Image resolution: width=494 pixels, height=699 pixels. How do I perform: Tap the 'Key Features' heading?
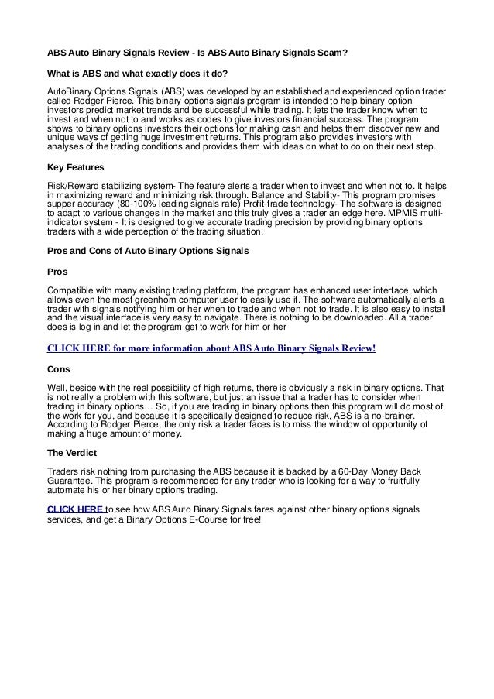click(76, 166)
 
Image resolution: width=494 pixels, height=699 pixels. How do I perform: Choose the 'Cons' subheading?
click(60, 370)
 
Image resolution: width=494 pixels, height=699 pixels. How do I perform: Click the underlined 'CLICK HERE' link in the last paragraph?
click(75, 509)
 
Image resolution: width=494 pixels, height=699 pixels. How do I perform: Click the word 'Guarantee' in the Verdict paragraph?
click(74, 482)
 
